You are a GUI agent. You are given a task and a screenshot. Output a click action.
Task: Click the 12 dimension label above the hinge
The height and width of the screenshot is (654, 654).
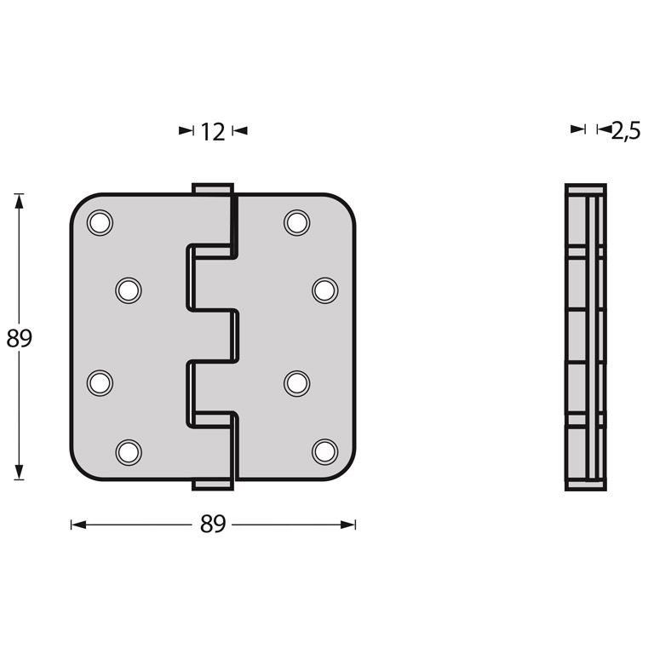[213, 131]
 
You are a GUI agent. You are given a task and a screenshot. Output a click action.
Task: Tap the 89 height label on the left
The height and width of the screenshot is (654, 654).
[19, 339]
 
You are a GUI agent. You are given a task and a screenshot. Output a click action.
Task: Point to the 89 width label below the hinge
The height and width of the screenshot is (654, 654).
[213, 525]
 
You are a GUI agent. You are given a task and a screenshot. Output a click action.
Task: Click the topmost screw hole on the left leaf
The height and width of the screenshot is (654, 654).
[100, 222]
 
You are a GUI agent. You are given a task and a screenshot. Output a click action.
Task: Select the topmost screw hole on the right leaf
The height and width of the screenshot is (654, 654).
[296, 222]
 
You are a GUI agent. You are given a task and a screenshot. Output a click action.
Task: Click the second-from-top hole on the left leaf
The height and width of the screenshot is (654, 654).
[128, 290]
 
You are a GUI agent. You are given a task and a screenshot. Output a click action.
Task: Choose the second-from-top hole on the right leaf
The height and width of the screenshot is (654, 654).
[324, 290]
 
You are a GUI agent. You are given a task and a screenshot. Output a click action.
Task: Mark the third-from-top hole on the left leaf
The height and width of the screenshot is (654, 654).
[100, 382]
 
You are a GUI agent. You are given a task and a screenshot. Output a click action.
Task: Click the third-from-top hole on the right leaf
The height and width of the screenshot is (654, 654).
[296, 382]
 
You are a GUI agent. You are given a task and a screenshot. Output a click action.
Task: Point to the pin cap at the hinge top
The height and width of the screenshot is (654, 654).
[212, 187]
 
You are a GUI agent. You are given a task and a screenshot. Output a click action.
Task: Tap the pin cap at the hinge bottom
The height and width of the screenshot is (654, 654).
[212, 485]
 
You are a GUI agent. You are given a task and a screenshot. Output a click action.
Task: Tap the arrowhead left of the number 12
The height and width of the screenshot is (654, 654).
[186, 130]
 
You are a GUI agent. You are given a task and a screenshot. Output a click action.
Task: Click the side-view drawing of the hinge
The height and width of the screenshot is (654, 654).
[586, 337]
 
